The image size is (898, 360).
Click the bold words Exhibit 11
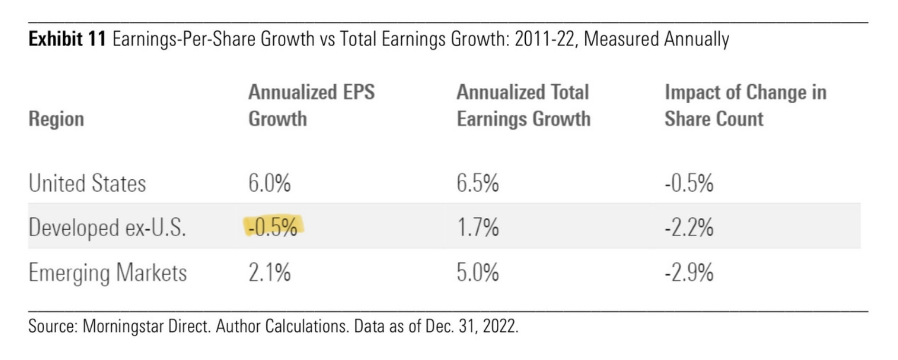[x=67, y=39]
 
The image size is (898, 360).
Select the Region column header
[x=56, y=119]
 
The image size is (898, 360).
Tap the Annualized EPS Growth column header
[x=311, y=105]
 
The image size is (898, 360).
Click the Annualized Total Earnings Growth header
[x=523, y=105]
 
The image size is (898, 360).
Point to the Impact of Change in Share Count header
[x=745, y=105]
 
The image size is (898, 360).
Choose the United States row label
[x=87, y=183]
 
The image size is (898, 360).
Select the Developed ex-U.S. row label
[x=107, y=227]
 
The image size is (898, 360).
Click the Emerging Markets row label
[x=107, y=272]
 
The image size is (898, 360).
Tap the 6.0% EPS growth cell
[x=269, y=183]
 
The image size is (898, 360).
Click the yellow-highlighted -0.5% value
[x=273, y=227]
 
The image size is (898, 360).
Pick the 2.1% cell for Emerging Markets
[x=269, y=272]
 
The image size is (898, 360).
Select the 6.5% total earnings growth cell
[x=477, y=183]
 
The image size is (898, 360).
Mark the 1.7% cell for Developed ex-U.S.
[x=477, y=227]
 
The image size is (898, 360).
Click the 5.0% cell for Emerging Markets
[x=477, y=272]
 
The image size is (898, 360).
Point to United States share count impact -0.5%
[x=689, y=183]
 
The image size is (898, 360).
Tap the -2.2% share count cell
[x=689, y=227]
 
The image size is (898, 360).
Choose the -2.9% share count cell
[x=689, y=272]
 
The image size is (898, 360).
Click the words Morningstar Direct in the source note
[x=146, y=326]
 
